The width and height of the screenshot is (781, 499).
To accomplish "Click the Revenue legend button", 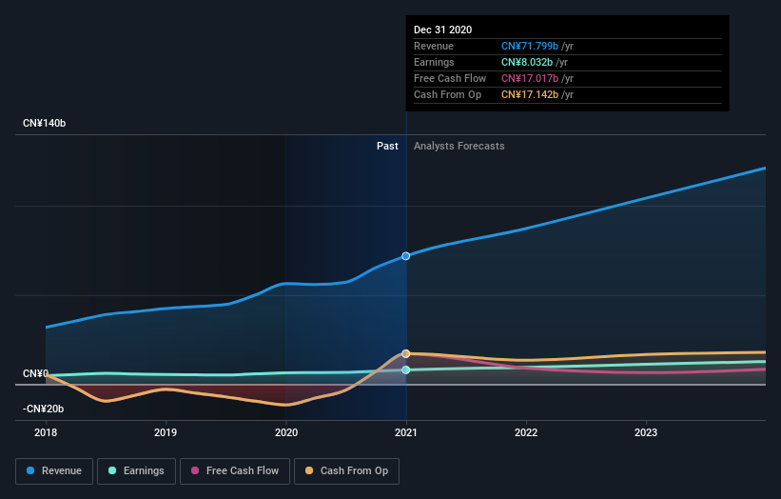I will (x=55, y=470).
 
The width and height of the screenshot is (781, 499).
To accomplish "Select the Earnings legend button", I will (x=136, y=470).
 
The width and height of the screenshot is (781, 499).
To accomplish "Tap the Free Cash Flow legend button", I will (x=234, y=470).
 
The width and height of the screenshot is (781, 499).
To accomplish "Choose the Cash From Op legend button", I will (x=346, y=470).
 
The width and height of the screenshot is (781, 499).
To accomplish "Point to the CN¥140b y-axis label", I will (x=45, y=124).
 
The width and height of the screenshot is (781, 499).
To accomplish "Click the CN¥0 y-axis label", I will (x=36, y=373).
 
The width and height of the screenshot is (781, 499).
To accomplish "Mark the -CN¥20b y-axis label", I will (x=44, y=409).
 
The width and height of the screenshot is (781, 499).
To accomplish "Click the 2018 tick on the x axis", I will (x=46, y=431).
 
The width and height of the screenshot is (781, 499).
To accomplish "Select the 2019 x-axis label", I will (x=166, y=431).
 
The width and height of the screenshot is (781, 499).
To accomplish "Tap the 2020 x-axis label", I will (x=285, y=431).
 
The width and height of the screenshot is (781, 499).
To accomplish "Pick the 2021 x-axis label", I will (x=406, y=431).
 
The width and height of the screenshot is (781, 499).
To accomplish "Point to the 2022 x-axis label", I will (x=526, y=431).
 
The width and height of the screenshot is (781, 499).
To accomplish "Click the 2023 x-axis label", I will (x=646, y=431).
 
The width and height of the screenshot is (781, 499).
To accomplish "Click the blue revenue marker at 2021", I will (x=406, y=256).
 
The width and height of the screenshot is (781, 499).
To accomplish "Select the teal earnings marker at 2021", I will (x=406, y=369).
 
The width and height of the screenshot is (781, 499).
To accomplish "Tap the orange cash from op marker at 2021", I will (x=406, y=353).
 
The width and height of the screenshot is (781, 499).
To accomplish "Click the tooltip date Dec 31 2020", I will (x=442, y=30).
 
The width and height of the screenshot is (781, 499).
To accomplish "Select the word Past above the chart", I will (x=387, y=146).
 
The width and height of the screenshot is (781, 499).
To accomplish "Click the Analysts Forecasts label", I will (x=459, y=146).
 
